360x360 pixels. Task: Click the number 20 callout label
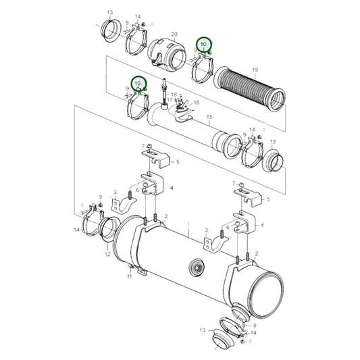(x=174, y=34)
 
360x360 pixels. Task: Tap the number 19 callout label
(x=255, y=70)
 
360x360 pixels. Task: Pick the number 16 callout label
(x=197, y=102)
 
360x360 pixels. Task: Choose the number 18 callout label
(x=174, y=95)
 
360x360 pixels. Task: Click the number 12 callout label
(x=107, y=255)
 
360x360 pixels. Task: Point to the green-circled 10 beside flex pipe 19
(x=203, y=45)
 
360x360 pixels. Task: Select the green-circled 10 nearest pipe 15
(x=138, y=84)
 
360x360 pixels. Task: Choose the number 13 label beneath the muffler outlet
(x=202, y=330)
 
